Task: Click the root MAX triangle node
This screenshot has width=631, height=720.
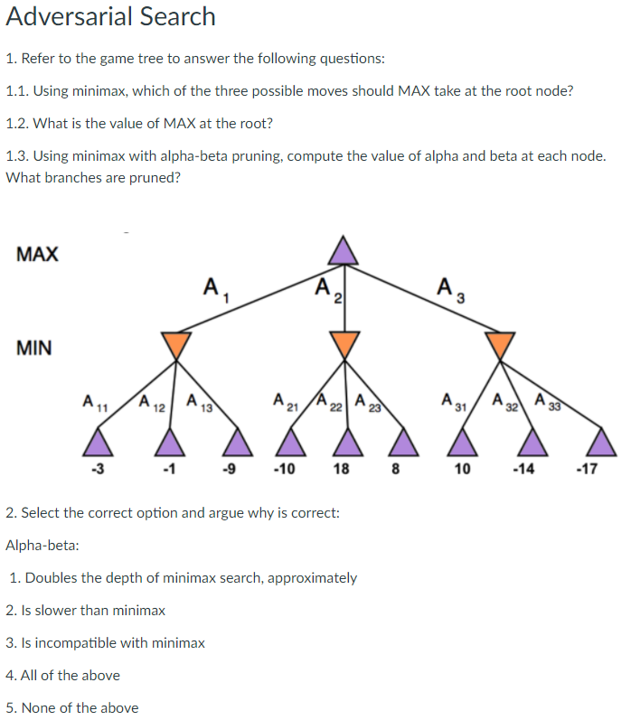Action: [343, 250]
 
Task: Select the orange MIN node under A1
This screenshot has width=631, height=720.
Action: [176, 344]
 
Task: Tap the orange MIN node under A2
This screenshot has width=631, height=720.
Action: [343, 344]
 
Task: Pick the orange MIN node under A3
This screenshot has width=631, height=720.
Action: [500, 344]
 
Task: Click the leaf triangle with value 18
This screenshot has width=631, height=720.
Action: [343, 442]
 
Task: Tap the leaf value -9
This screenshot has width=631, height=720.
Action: [231, 470]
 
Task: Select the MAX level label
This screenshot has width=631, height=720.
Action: [37, 254]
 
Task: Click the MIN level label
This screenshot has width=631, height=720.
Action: [34, 347]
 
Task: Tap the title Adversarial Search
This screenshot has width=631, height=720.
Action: [110, 16]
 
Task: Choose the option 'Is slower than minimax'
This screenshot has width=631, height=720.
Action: [85, 611]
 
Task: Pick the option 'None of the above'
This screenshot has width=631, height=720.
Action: [72, 707]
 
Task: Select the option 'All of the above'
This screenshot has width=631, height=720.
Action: [62, 675]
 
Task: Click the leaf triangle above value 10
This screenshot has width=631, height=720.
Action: [462, 442]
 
